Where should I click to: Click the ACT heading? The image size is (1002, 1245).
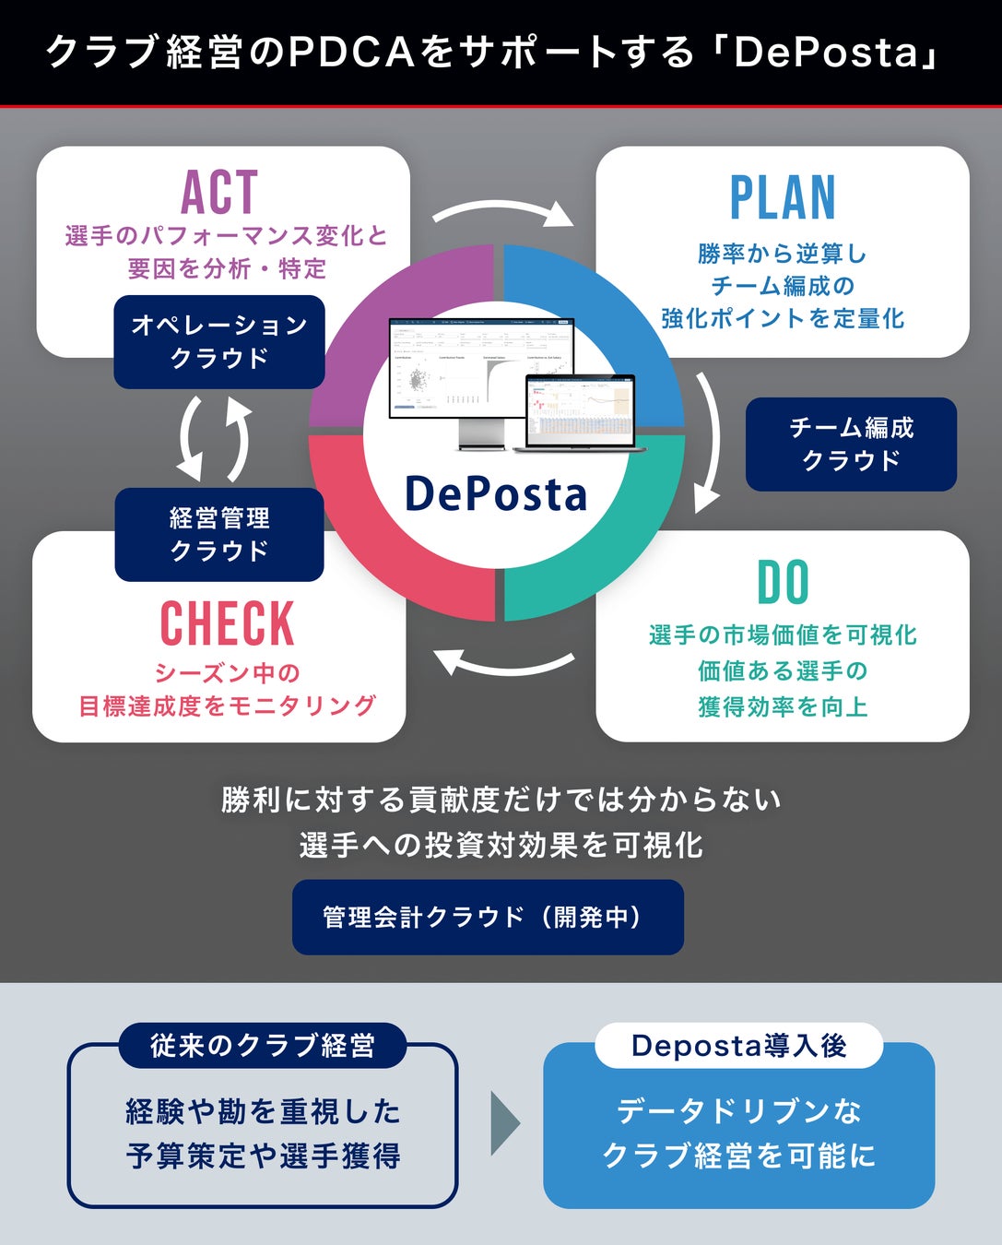pyautogui.click(x=219, y=193)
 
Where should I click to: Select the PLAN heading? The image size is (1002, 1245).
pyautogui.click(x=783, y=198)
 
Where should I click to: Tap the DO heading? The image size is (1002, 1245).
pyautogui.click(x=783, y=583)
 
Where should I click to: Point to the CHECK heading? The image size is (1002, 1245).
pyautogui.click(x=227, y=624)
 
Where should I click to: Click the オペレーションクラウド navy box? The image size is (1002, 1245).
pyautogui.click(x=219, y=341)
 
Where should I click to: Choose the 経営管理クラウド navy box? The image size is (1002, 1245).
pyautogui.click(x=219, y=535)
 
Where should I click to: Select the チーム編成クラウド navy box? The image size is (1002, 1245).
pyautogui.click(x=851, y=444)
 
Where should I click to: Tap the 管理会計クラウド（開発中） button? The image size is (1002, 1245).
pyautogui.click(x=488, y=917)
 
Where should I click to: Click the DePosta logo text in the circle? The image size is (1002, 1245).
pyautogui.click(x=496, y=494)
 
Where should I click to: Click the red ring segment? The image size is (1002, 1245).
pyautogui.click(x=369, y=544)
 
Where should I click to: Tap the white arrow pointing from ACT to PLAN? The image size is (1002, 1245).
pyautogui.click(x=503, y=212)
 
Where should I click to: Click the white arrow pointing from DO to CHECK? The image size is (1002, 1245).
pyautogui.click(x=503, y=661)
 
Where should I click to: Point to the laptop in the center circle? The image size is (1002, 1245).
pyautogui.click(x=580, y=412)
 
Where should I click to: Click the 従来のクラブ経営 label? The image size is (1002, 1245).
pyautogui.click(x=263, y=1046)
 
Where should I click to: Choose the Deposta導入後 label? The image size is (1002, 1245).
pyautogui.click(x=739, y=1046)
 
